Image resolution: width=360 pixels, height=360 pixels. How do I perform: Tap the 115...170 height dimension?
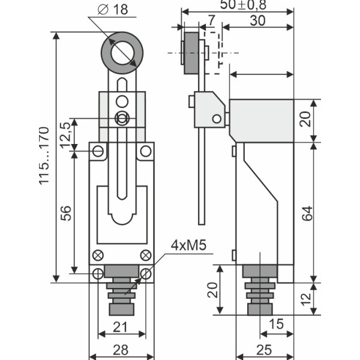click(x=43, y=156)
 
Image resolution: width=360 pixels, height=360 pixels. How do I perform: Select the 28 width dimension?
click(x=121, y=349)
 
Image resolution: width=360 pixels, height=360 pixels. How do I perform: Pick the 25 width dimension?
click(x=264, y=349)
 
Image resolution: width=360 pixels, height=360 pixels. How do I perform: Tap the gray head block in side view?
click(x=261, y=120)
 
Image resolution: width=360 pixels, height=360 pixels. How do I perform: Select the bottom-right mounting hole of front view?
click(x=146, y=274)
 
